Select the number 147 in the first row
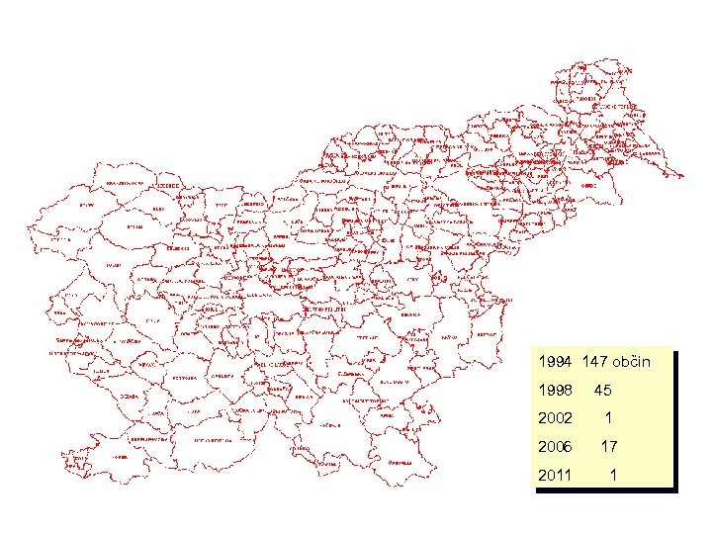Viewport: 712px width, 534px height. tap(599, 363)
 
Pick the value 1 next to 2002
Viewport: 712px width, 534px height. tap(609, 419)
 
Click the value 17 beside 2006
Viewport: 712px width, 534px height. tap(609, 447)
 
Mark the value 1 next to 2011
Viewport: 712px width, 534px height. tap(613, 476)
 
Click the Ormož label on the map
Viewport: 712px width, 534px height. tap(589, 185)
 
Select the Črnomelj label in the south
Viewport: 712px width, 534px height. tap(400, 461)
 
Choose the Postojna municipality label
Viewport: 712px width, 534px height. tap(182, 379)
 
